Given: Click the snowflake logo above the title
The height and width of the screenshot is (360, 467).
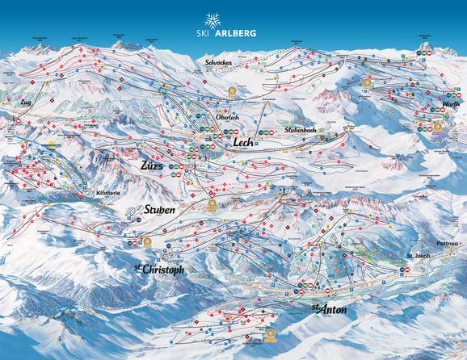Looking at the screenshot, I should (212, 20).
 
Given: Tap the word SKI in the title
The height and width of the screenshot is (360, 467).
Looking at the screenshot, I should (203, 34).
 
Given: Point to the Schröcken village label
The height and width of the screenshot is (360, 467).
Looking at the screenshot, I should (220, 62).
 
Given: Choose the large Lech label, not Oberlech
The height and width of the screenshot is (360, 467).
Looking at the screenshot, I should (243, 142).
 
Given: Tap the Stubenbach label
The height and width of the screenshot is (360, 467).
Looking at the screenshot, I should (303, 128).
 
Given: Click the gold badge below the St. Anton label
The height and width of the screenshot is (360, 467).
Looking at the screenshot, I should (271, 333).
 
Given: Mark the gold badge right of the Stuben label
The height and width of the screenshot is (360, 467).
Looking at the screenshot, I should (212, 206).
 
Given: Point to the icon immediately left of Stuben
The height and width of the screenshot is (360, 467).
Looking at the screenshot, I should (134, 211).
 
